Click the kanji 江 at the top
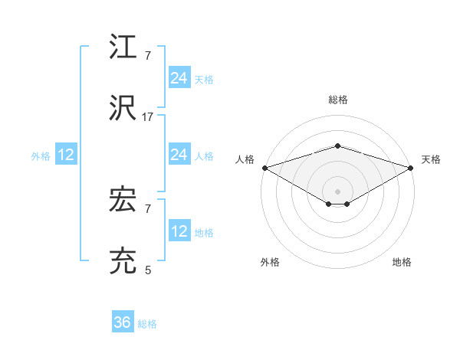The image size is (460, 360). click(x=123, y=47)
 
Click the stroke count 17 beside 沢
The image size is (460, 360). click(x=148, y=117)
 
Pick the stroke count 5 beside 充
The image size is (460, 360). click(x=148, y=270)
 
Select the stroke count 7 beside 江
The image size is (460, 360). click(x=148, y=56)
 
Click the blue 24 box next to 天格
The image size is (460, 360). click(x=179, y=78)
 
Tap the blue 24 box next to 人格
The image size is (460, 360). click(x=179, y=155)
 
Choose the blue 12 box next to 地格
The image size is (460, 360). click(x=179, y=231)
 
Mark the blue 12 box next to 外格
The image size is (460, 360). click(x=66, y=155)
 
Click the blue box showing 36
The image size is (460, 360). click(x=123, y=322)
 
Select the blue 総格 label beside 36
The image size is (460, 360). click(x=148, y=324)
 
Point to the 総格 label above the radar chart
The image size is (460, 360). click(x=337, y=100)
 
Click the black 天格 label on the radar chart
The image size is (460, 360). click(x=431, y=159)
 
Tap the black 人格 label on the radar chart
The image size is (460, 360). click(x=245, y=159)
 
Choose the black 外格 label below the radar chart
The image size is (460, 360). click(x=270, y=262)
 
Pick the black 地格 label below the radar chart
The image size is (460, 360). click(x=402, y=262)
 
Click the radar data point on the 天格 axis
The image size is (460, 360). click(x=412, y=167)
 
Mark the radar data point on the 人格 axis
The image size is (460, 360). click(x=264, y=167)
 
